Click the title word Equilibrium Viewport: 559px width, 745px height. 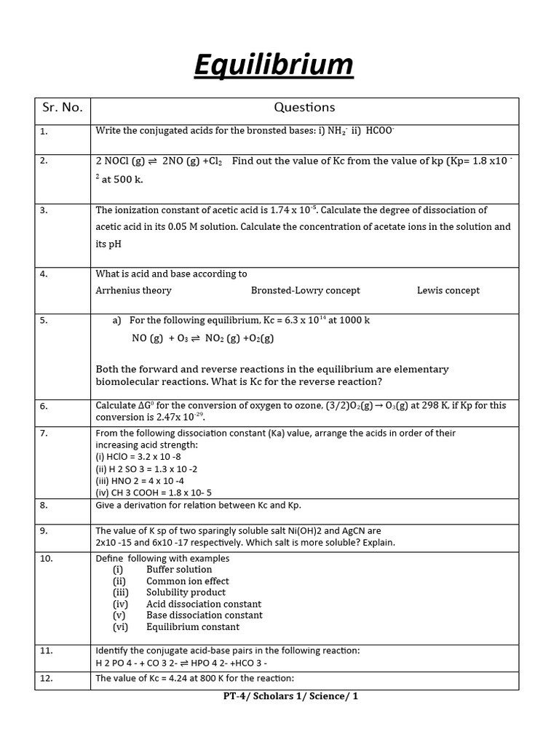click(274, 65)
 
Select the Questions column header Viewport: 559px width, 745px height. click(304, 108)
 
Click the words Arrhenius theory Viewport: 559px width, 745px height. click(134, 290)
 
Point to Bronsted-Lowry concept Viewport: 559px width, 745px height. click(305, 290)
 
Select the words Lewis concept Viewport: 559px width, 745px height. click(448, 290)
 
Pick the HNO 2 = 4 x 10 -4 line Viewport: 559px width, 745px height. click(140, 480)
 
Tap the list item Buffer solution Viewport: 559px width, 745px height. click(179, 570)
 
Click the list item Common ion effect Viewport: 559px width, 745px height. click(187, 581)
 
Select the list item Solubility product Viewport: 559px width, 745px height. click(186, 592)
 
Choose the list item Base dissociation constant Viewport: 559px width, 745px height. click(204, 615)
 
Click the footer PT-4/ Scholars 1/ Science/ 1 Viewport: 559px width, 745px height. click(290, 696)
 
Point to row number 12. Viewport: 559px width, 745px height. click(46, 680)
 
